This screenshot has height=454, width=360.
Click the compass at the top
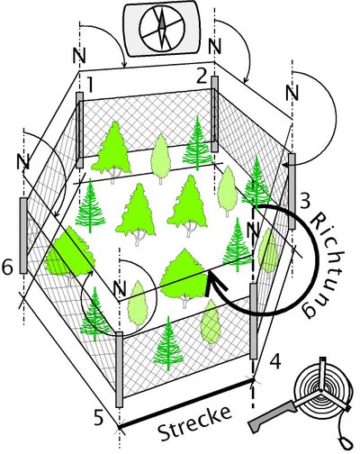point(162,29)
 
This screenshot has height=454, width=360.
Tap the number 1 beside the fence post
point(89,84)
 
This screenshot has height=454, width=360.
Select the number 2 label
point(202,77)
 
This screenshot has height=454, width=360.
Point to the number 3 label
point(304,202)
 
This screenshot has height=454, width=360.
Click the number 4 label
point(275,361)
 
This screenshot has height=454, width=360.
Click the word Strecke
point(195,423)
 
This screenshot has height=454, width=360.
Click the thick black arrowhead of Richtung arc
point(215,282)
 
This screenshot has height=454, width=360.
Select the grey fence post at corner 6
point(23,235)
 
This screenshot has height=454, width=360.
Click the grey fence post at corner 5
point(120,369)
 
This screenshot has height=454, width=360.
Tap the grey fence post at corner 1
point(79,130)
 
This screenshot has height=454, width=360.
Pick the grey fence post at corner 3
point(292,191)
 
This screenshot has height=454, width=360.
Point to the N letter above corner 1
point(79,56)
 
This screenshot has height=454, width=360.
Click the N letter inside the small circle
point(120,289)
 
